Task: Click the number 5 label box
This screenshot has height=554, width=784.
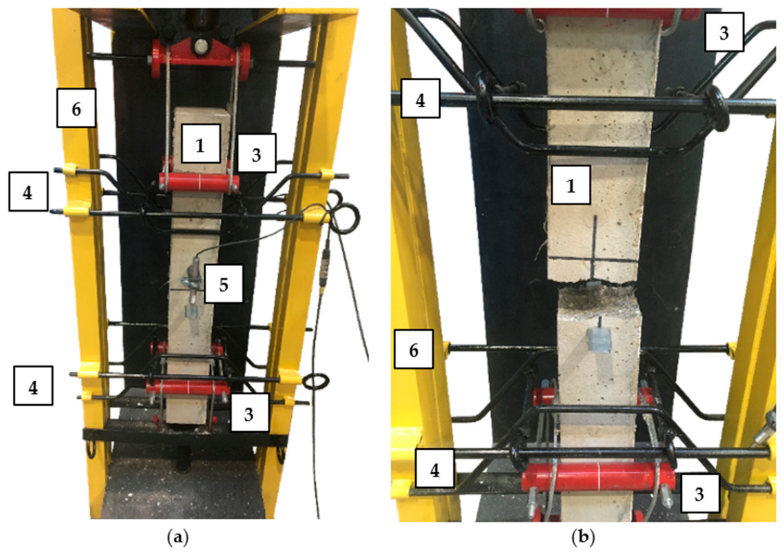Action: pos(224,284)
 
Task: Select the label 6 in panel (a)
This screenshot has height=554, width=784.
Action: pos(76,108)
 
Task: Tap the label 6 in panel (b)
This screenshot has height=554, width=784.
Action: pos(414,349)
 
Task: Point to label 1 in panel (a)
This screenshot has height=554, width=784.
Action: pos(201,144)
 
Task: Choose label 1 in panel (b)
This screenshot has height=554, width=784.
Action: pos(571,185)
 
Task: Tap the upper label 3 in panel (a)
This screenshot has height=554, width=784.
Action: pos(256,153)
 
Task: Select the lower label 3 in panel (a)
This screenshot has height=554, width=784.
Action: pos(249,412)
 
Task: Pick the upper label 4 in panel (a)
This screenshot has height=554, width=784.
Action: pos(29,192)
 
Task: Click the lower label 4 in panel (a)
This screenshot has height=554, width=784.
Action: pos(33,386)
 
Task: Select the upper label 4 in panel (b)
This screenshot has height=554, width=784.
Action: pos(420,99)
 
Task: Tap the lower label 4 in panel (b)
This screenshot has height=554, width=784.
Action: pos(435,469)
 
